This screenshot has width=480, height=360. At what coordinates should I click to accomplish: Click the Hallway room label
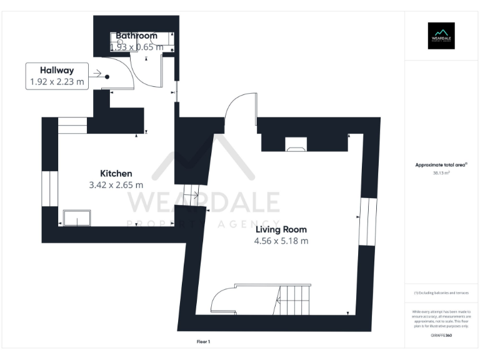(56, 70)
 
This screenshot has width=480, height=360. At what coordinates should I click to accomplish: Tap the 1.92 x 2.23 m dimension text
(56, 82)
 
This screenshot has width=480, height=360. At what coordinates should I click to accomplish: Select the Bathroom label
(136, 36)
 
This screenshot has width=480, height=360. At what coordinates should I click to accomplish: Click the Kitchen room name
(116, 173)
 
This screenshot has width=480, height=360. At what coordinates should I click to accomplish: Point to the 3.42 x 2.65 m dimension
(116, 185)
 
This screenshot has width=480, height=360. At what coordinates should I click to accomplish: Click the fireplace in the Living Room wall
(295, 147)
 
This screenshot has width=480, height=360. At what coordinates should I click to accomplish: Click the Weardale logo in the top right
(441, 36)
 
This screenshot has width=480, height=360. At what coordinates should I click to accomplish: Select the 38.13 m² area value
(441, 173)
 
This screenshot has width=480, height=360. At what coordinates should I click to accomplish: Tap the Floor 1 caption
(203, 341)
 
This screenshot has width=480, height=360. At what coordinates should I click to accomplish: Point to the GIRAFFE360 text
(441, 336)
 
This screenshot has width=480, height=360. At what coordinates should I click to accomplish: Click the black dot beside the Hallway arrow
(107, 77)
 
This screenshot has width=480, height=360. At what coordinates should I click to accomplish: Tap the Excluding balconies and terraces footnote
(441, 293)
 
